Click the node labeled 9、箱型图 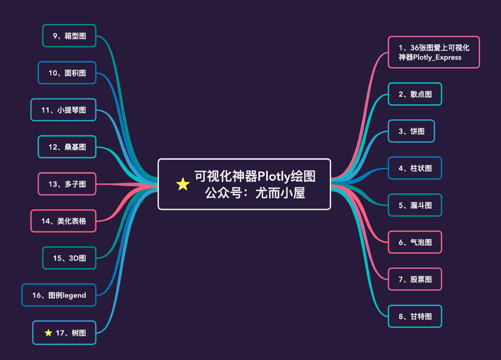pos(69,36)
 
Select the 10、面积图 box pos(67,73)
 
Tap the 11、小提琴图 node pos(63,110)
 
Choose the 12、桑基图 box pos(67,147)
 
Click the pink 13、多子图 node pos(67,184)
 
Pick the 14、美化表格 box pos(63,221)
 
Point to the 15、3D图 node pos(69,258)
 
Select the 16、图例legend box pos(59,295)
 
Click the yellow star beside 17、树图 pos(48,333)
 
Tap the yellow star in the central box pos(183,184)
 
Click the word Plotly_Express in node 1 pos(437,57)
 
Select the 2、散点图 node pos(415,94)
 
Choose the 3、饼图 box pos(411,131)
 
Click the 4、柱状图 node pos(415,168)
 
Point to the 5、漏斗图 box pos(415,205)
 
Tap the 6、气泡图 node pos(415,242)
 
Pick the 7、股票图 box pos(415,279)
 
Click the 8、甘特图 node pos(415,316)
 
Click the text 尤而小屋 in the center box pos(280,193)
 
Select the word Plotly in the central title pos(273,176)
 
